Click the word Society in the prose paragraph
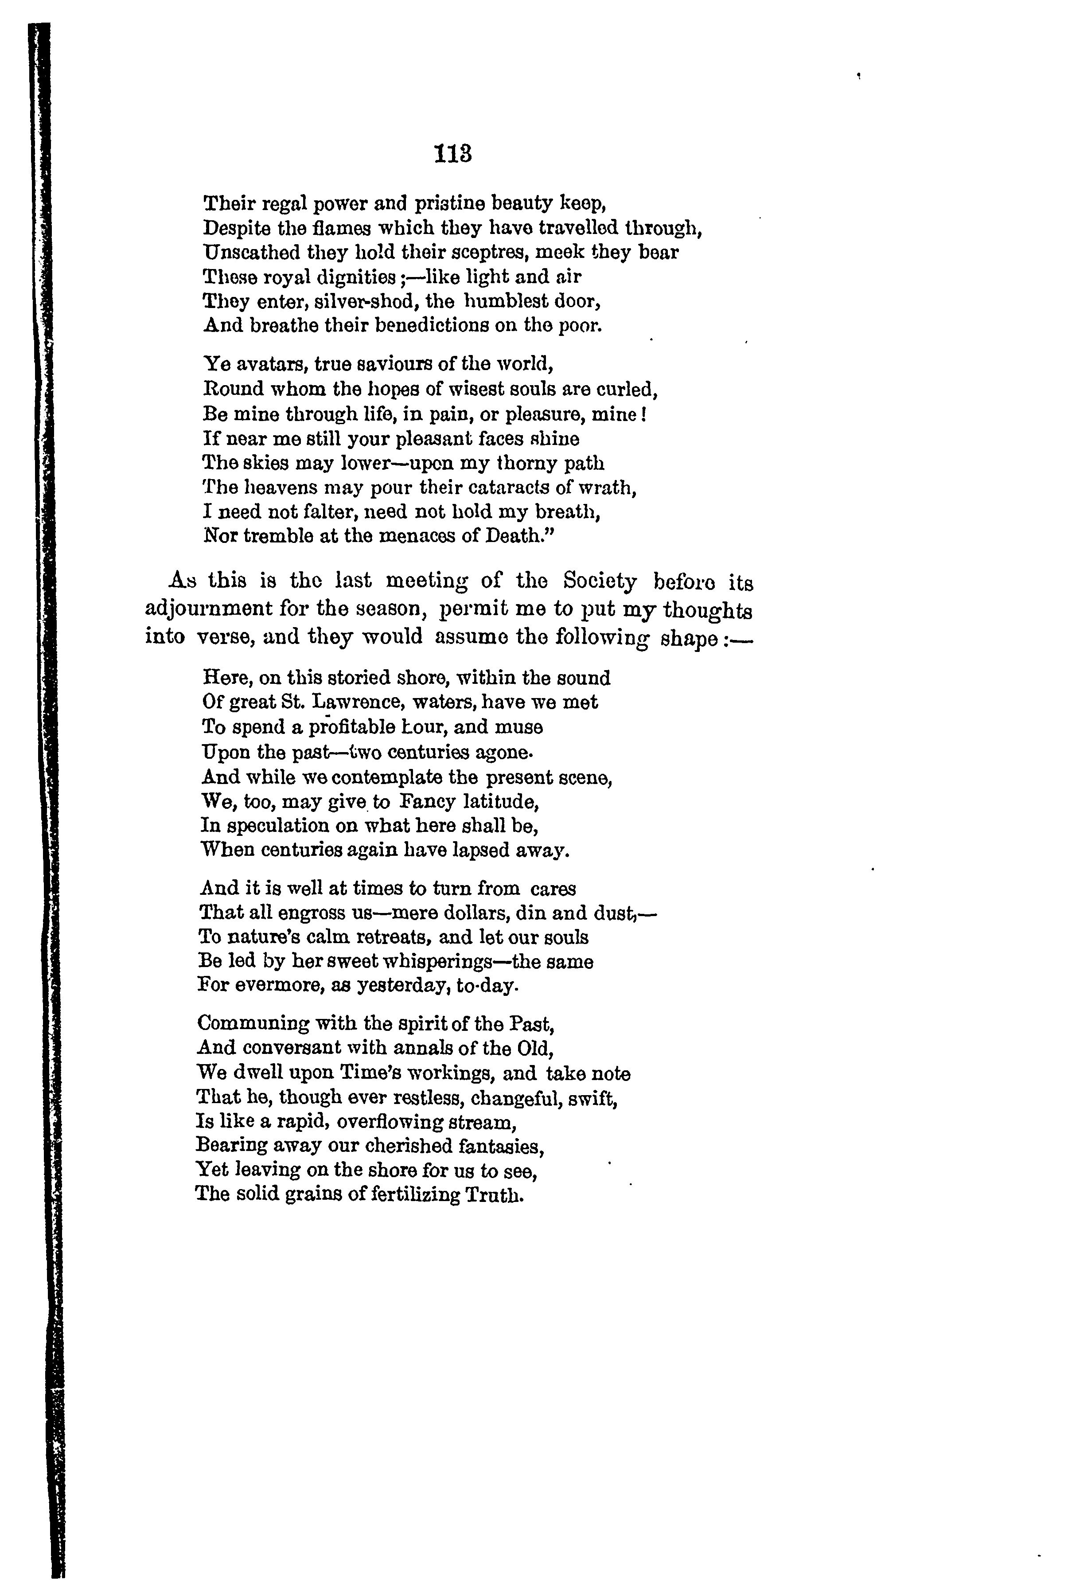click(x=600, y=582)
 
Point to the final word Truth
click(x=494, y=1196)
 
